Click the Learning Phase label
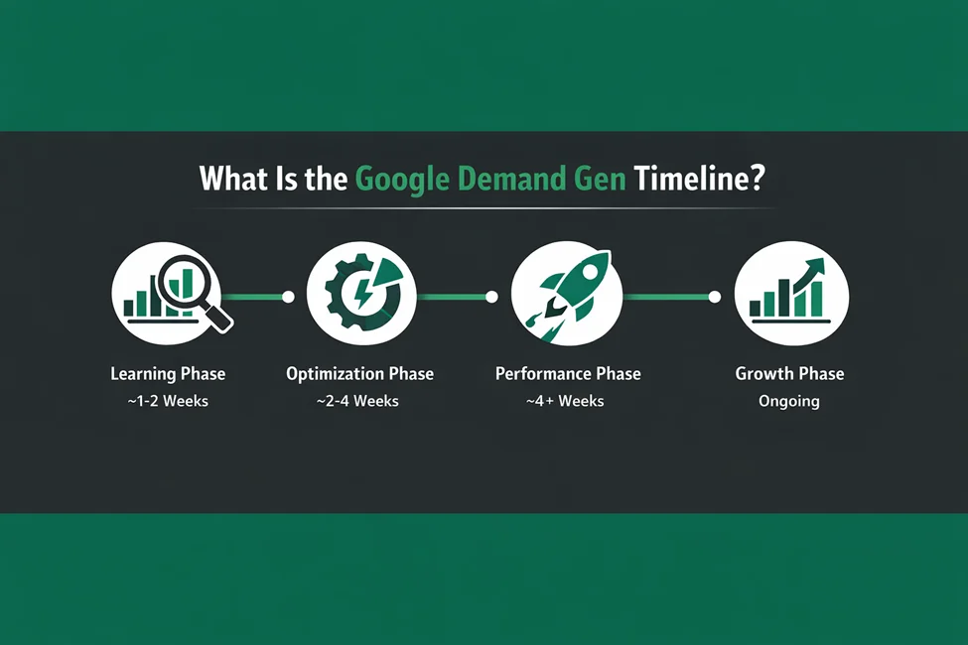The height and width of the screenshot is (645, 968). tap(168, 374)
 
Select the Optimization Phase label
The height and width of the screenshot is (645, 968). tap(359, 374)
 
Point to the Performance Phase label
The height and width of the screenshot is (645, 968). tap(568, 374)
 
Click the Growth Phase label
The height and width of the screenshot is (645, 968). tap(789, 374)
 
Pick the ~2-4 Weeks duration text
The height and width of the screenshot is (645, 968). tap(359, 401)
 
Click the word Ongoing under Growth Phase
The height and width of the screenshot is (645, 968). tap(789, 401)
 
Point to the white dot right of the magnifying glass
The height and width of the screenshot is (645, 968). tap(288, 296)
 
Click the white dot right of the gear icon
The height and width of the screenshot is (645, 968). tap(490, 296)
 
